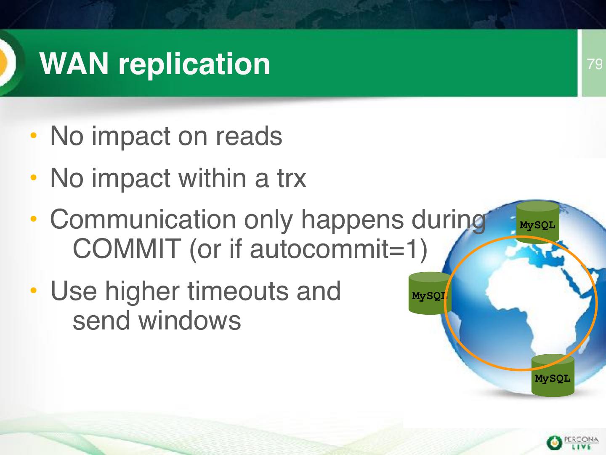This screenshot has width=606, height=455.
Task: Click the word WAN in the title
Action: click(74, 64)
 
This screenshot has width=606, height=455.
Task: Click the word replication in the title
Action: click(194, 65)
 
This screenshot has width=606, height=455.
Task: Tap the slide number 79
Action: click(594, 64)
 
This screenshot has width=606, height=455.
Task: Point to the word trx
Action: click(292, 179)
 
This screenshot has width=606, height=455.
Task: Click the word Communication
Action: click(143, 219)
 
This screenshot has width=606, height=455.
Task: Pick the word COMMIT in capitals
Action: click(127, 249)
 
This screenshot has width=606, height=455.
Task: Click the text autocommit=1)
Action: click(338, 249)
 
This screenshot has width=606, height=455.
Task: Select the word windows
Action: click(189, 321)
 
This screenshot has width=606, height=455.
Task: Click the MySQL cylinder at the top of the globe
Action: click(537, 222)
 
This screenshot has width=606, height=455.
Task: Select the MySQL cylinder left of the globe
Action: click(430, 293)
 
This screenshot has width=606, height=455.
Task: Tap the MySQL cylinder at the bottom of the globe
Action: click(553, 376)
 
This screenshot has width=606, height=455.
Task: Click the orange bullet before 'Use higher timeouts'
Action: click(34, 290)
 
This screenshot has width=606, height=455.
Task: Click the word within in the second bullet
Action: click(212, 178)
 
